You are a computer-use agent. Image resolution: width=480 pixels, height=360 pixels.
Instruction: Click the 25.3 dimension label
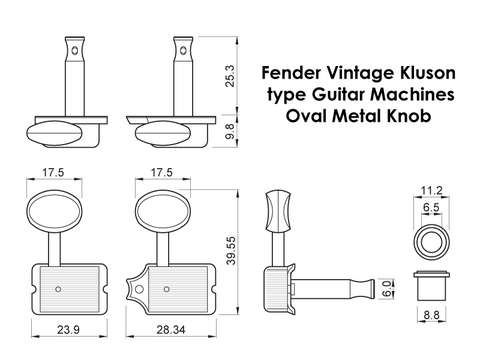point(230,76)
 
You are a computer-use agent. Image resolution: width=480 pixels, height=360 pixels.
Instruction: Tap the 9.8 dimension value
point(230,131)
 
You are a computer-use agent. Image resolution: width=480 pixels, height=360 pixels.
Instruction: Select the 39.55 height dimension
point(231,251)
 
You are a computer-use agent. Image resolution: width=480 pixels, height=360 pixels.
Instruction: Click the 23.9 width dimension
point(68,330)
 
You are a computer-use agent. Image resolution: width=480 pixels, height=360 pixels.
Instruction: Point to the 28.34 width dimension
point(171,330)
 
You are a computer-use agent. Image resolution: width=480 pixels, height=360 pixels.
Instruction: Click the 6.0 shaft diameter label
point(387,289)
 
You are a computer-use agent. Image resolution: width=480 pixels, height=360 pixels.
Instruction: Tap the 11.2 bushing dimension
point(432,191)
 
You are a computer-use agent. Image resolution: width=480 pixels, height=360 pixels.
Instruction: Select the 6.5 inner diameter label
point(431,208)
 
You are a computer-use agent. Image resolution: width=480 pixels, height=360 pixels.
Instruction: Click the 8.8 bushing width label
point(431,315)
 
